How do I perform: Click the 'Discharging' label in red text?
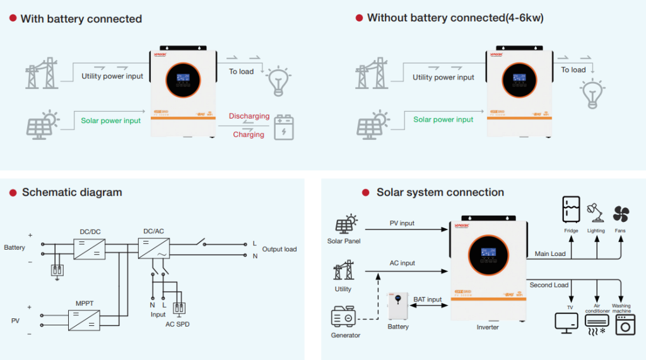click(249, 116)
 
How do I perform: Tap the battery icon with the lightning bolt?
click(283, 126)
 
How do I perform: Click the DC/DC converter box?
click(90, 248)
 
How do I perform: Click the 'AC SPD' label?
click(177, 324)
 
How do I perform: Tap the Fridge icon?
click(571, 211)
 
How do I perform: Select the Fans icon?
click(620, 212)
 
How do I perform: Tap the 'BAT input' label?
click(428, 299)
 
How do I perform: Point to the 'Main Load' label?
click(550, 254)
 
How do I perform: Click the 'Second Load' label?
click(549, 285)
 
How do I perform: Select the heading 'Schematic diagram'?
click(72, 192)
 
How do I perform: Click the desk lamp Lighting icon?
click(596, 212)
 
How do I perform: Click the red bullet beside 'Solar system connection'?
click(365, 192)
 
